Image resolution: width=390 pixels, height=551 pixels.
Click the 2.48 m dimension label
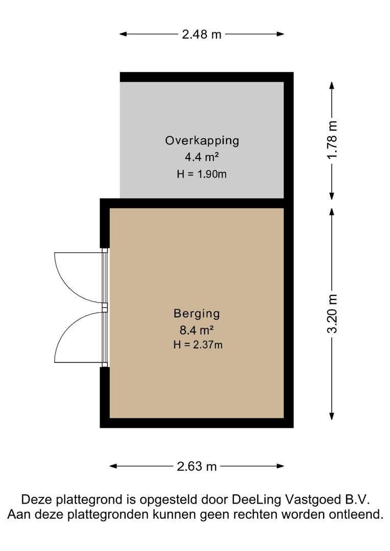(x=202, y=34)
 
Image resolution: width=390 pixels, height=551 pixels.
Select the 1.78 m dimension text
(x=332, y=140)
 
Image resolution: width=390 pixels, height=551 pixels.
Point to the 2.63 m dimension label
(x=197, y=466)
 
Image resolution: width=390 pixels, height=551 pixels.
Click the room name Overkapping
(x=202, y=141)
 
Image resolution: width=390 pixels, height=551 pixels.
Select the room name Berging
(x=197, y=313)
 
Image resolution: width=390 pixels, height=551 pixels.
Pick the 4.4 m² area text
(x=202, y=157)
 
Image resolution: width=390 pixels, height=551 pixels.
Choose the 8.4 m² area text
(x=197, y=330)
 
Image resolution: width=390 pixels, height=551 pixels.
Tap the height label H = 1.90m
(x=202, y=174)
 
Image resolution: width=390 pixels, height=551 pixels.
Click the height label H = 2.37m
(x=198, y=345)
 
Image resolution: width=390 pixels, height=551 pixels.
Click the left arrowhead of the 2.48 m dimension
(x=123, y=34)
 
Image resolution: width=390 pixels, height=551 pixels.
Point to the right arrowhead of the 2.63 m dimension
(x=280, y=466)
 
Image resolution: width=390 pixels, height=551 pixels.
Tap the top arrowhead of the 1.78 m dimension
(x=332, y=85)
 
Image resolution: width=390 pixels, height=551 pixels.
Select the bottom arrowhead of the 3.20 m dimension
(x=332, y=416)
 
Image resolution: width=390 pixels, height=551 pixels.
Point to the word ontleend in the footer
(x=355, y=515)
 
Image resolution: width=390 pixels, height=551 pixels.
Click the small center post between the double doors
(x=105, y=308)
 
